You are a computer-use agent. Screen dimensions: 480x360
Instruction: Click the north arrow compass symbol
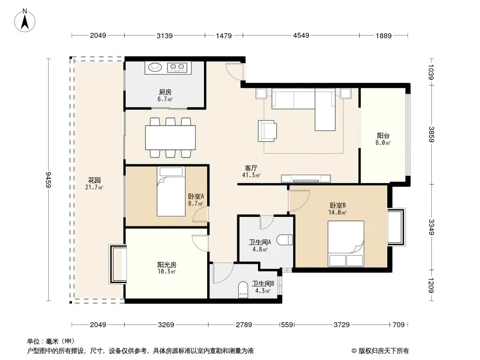25,21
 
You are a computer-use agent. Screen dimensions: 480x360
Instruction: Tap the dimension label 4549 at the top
301,36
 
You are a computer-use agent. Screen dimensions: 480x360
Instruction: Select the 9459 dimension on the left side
48,180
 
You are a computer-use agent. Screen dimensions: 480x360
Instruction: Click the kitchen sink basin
155,67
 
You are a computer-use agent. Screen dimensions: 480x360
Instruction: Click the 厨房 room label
165,92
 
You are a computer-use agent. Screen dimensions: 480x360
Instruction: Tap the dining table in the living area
170,138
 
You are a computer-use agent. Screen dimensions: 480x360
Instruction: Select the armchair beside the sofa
267,131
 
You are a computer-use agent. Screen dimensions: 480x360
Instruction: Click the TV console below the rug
306,178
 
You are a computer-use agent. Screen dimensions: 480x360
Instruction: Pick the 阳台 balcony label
383,135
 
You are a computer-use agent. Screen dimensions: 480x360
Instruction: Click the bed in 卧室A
171,191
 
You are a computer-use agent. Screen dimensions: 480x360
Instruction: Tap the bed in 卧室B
346,244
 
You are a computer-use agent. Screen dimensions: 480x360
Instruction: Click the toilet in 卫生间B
243,290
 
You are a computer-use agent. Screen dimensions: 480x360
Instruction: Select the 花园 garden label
94,180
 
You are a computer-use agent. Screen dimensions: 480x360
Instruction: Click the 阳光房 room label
167,265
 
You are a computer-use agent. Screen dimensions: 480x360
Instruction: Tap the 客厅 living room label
251,168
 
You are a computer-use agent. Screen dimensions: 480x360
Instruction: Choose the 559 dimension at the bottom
287,324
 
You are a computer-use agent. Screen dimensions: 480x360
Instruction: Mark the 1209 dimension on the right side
432,285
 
